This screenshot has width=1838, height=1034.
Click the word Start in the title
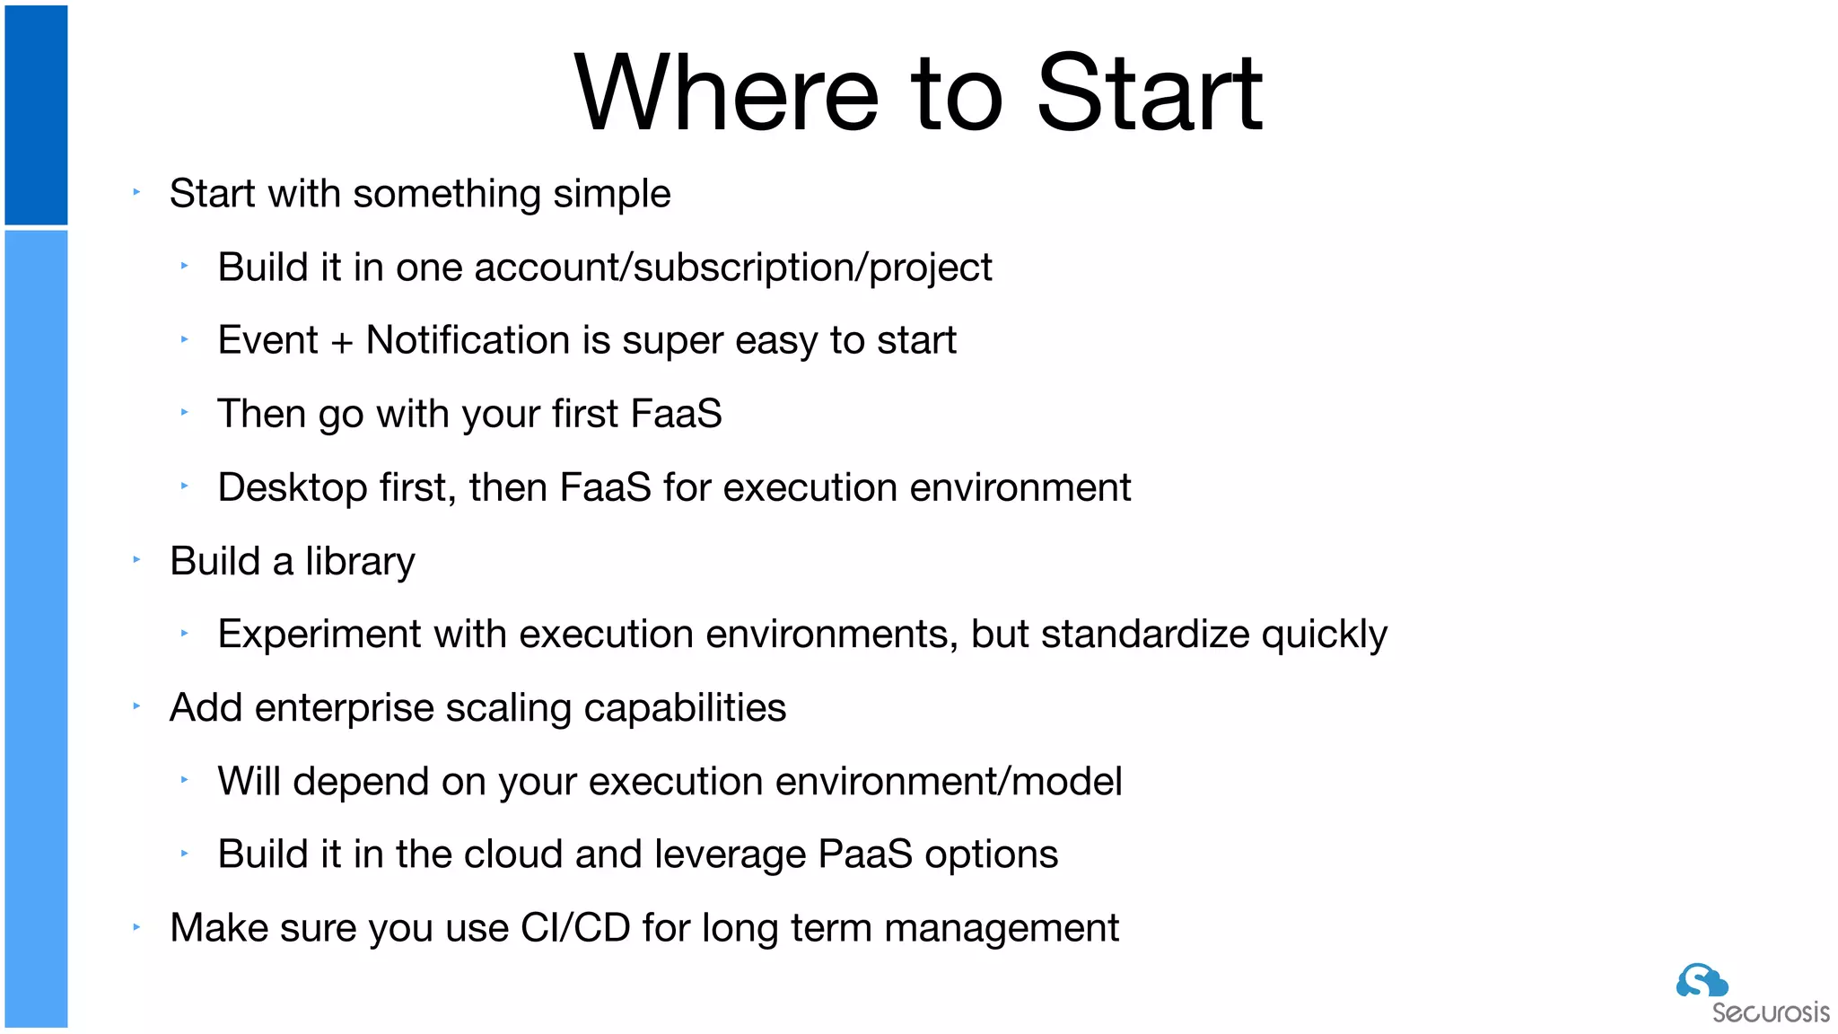1149,93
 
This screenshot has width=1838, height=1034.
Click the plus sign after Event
342,342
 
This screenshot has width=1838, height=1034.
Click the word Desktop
293,487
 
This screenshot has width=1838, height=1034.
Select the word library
360,562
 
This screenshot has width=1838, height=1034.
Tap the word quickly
1324,635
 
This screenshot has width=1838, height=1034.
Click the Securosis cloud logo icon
1701,981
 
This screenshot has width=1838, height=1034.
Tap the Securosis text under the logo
1770,1012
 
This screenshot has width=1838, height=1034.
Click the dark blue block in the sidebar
36,115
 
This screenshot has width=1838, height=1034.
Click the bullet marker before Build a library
136,560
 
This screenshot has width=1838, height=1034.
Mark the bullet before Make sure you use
136,927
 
